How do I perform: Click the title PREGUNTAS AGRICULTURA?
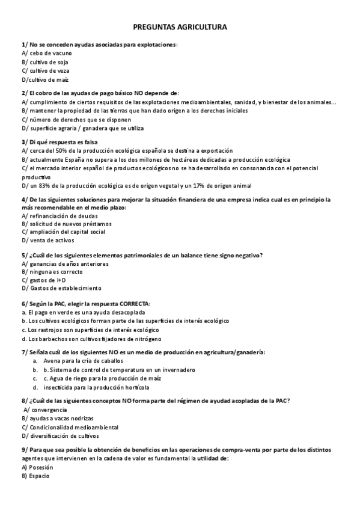[x=180, y=27]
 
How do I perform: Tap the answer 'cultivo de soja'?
[x=46, y=61]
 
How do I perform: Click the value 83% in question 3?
[x=45, y=185]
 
